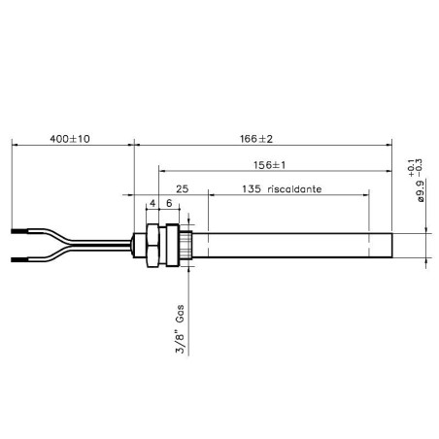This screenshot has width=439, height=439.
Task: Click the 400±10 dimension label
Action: pyautogui.click(x=69, y=139)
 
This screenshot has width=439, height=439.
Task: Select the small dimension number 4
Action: pyautogui.click(x=152, y=205)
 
